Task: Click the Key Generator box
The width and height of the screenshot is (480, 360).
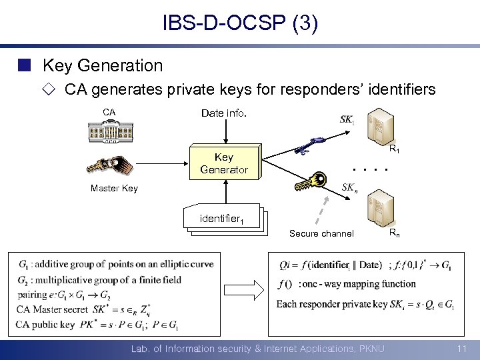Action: [224, 163]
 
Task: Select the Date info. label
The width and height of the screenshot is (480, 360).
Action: [224, 113]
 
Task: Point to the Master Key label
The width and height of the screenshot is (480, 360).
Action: [114, 188]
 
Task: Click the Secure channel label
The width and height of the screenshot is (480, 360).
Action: [321, 233]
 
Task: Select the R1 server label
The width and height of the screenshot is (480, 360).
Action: [394, 150]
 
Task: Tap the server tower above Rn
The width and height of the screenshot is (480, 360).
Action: [384, 206]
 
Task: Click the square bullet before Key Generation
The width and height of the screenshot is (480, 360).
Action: [25, 65]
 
